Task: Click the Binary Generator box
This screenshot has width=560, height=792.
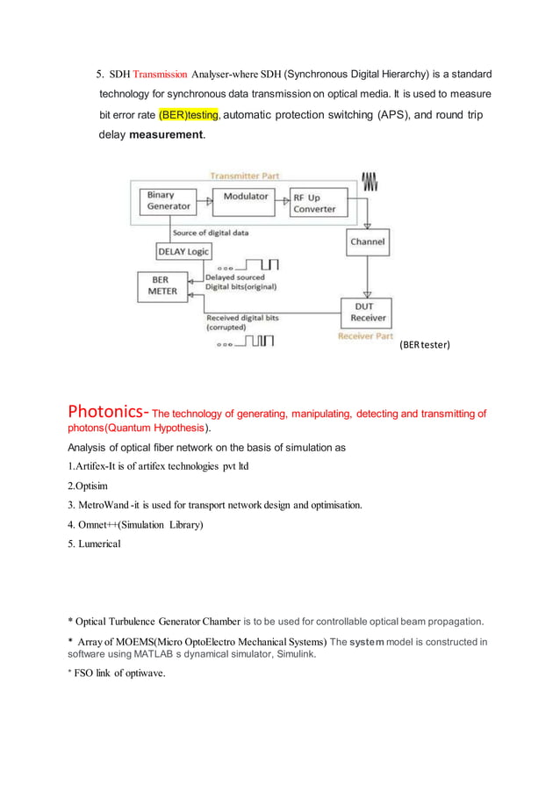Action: point(169,201)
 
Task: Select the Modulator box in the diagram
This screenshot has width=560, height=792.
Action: point(245,197)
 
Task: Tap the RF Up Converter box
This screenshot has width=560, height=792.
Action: point(313,204)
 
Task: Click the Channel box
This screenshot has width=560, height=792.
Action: point(367,241)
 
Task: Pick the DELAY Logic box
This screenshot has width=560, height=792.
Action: point(182,251)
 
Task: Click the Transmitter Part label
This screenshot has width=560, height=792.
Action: point(244,176)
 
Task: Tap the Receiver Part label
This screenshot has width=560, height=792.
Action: point(367,336)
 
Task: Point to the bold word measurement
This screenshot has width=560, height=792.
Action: point(167,135)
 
